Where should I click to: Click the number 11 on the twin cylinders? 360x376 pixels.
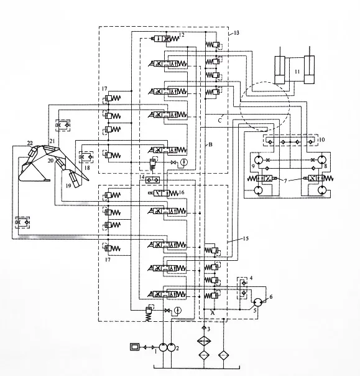coord(297,72)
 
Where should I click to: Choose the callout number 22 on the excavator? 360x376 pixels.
coord(29,144)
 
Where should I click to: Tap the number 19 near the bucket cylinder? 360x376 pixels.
coord(68,185)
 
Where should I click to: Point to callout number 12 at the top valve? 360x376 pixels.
coord(182,35)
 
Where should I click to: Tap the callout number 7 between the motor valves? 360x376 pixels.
coord(285,181)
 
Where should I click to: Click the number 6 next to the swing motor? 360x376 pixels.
coord(270,297)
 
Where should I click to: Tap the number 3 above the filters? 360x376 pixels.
coord(210,328)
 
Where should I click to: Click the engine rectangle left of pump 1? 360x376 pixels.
coord(135,346)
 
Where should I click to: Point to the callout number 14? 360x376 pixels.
coord(142,177)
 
